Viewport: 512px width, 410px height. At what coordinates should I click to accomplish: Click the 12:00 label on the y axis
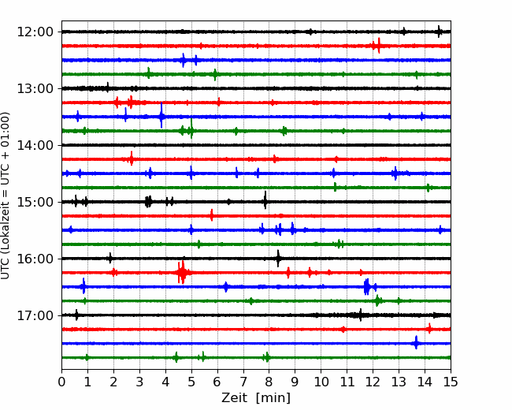tap(35, 32)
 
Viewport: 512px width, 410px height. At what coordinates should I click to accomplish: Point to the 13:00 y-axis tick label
tap(35, 88)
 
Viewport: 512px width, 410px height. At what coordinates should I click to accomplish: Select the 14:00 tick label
tap(35, 145)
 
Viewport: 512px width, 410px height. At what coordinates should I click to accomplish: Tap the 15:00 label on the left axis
tap(35, 202)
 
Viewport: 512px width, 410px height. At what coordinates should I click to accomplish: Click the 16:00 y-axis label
tap(35, 259)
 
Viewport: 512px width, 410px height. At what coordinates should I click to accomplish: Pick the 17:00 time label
tap(35, 315)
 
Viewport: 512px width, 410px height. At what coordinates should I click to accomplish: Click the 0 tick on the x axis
tap(61, 382)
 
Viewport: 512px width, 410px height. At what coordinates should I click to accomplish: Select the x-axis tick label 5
tap(191, 382)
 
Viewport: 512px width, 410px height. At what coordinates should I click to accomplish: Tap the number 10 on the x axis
tap(321, 382)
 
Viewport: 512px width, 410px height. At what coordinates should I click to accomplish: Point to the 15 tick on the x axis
tap(451, 382)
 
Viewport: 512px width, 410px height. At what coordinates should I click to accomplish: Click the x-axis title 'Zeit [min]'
tap(256, 398)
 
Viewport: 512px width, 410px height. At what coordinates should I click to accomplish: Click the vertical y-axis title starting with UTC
tap(6, 196)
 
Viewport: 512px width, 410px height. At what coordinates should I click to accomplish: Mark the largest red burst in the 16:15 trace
tap(182, 272)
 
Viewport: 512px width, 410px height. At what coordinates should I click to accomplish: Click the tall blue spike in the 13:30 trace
tap(161, 115)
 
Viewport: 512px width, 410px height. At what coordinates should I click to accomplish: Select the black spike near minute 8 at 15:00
tap(265, 200)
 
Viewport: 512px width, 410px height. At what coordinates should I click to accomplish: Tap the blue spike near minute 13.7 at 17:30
tap(416, 342)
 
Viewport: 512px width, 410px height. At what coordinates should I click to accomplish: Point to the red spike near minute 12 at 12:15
tap(379, 46)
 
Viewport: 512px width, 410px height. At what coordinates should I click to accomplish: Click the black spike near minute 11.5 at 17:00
tap(361, 315)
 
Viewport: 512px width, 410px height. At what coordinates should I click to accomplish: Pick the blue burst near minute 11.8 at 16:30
tap(367, 287)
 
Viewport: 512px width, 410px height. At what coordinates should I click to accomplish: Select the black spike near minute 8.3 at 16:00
tap(278, 259)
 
